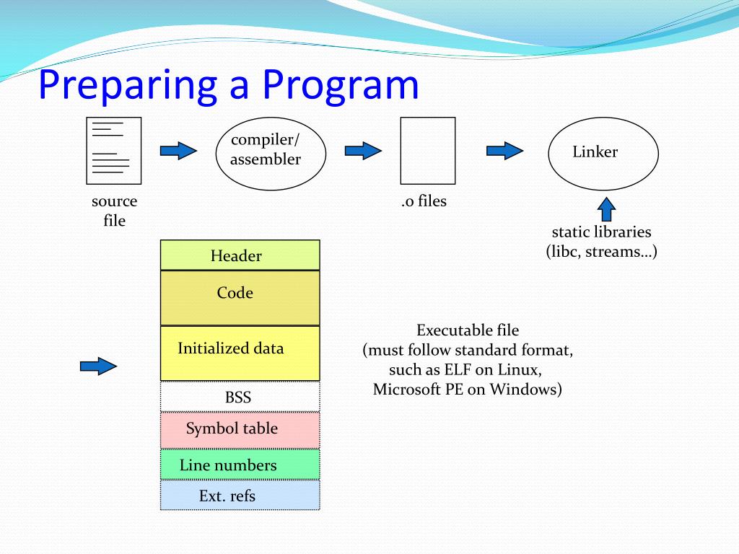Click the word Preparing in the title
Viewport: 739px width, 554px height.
point(127,86)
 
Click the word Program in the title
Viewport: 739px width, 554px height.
point(341,86)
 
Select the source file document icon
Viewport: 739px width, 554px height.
point(113,151)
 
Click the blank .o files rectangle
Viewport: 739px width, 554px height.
point(428,151)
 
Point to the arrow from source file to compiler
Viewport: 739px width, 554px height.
point(178,151)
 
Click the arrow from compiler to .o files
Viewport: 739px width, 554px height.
point(363,151)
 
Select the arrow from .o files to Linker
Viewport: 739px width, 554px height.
point(504,151)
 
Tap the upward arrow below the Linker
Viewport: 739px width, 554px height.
point(606,209)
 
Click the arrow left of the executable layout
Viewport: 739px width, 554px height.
point(98,366)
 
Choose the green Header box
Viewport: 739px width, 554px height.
point(240,255)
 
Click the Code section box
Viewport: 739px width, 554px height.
point(240,298)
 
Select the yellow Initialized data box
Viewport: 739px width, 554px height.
point(240,353)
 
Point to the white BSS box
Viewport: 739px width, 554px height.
point(240,397)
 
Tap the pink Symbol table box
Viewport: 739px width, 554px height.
point(240,430)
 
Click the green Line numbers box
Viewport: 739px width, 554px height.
point(240,464)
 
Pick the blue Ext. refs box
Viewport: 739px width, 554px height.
point(240,495)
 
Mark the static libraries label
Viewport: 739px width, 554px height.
point(601,232)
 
